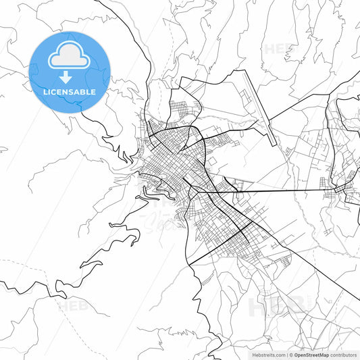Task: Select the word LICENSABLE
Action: [x=70, y=92]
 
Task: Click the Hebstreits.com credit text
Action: [x=267, y=354]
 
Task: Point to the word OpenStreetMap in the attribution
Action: [x=311, y=354]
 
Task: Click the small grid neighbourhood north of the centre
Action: [x=182, y=108]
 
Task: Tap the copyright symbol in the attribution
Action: [x=289, y=354]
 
